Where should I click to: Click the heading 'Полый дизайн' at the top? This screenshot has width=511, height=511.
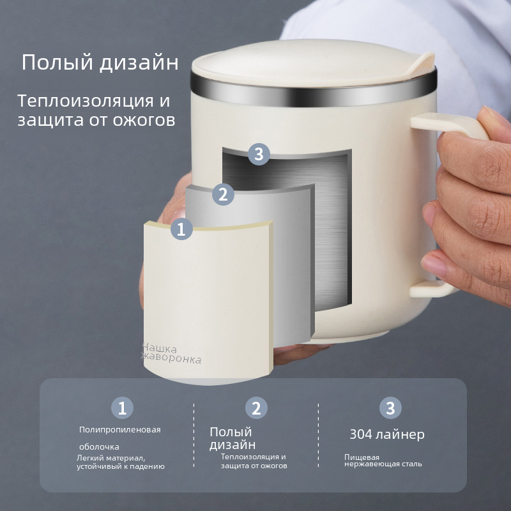tap(100, 62)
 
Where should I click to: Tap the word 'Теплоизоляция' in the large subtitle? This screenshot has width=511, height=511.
tap(86, 101)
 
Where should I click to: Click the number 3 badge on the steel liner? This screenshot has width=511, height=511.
tap(259, 154)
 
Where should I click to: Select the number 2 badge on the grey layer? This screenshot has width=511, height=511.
tap(223, 194)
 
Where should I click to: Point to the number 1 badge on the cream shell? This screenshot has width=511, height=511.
tap(181, 229)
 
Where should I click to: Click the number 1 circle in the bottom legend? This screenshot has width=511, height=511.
tap(122, 408)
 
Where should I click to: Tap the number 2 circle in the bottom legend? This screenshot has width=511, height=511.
tap(256, 408)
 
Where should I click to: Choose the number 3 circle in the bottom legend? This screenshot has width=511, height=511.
tap(390, 408)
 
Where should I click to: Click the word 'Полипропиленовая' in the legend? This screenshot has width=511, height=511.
tap(120, 429)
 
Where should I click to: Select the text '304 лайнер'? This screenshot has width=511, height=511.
tap(387, 434)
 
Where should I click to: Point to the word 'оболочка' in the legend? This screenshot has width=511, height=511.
tap(99, 446)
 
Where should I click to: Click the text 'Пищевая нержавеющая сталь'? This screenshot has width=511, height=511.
tap(383, 461)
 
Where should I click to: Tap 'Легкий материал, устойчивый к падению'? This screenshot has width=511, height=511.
tap(121, 462)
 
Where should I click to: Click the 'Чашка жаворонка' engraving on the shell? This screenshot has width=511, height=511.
tap(172, 353)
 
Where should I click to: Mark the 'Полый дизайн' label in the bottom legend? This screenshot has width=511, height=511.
tap(233, 438)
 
